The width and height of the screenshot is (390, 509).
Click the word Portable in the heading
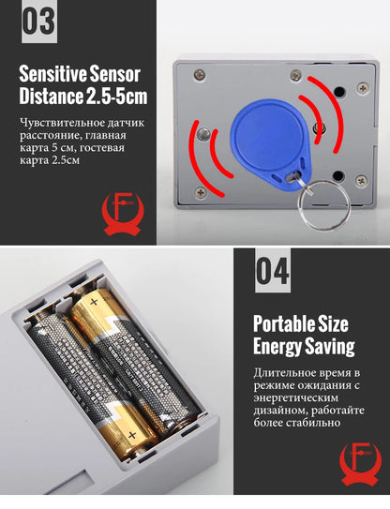click(282, 324)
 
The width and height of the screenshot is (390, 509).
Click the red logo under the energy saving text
click(358, 469)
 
